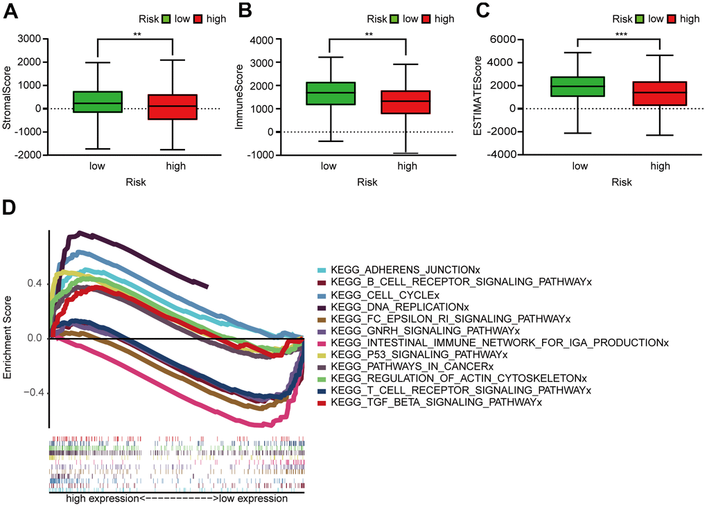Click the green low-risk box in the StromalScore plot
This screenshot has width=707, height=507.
pyautogui.click(x=97, y=102)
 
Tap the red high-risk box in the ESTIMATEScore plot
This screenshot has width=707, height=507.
pyautogui.click(x=660, y=93)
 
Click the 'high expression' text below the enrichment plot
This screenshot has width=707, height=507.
pyautogui.click(x=102, y=499)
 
